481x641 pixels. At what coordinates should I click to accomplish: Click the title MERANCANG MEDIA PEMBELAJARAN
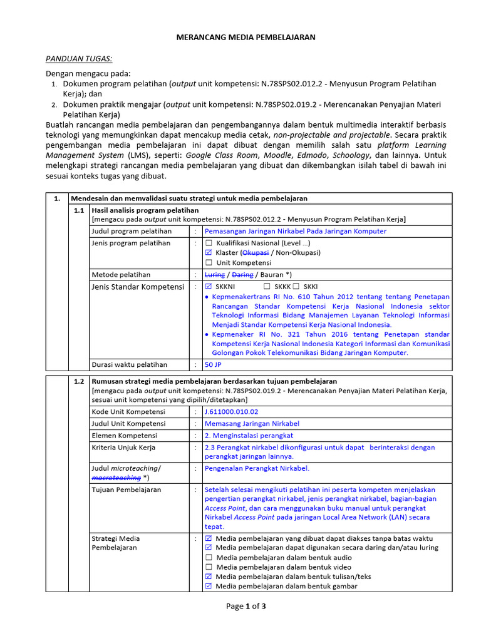pyautogui.click(x=245, y=38)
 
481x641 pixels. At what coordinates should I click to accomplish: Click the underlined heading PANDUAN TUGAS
pyautogui.click(x=79, y=59)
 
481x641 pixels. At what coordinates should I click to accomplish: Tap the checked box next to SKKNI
pyautogui.click(x=209, y=286)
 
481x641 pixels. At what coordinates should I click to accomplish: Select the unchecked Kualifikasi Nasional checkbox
pyautogui.click(x=209, y=243)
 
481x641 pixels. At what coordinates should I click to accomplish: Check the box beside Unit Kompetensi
pyautogui.click(x=209, y=263)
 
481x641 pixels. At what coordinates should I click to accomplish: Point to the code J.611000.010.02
pyautogui.click(x=231, y=412)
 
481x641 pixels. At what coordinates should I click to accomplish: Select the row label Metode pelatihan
pyautogui.click(x=121, y=275)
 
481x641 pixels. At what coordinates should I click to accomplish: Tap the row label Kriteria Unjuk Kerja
pyautogui.click(x=123, y=448)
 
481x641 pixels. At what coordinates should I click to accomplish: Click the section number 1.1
pyautogui.click(x=78, y=210)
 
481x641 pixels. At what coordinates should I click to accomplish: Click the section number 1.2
pyautogui.click(x=78, y=381)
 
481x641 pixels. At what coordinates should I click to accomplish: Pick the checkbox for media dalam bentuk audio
pyautogui.click(x=209, y=557)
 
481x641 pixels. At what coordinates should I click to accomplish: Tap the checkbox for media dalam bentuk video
pyautogui.click(x=209, y=567)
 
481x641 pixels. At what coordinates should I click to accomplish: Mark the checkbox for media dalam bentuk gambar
pyautogui.click(x=209, y=587)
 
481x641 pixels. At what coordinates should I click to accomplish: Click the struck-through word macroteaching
pyautogui.click(x=116, y=478)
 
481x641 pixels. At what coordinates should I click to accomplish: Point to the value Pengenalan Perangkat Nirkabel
pyautogui.click(x=257, y=468)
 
